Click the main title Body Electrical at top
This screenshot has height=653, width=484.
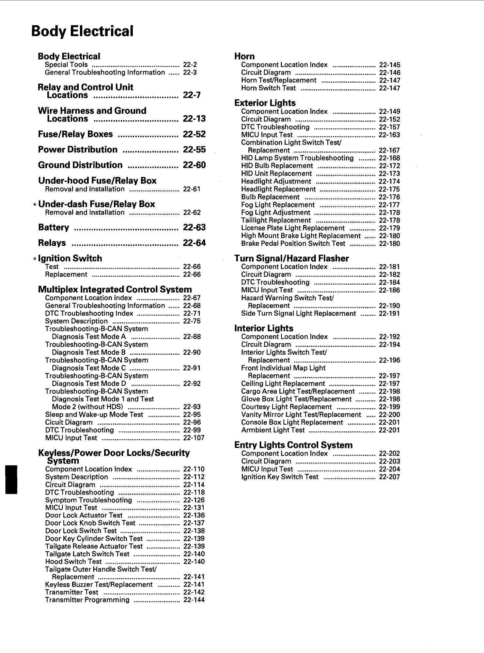pos(82,31)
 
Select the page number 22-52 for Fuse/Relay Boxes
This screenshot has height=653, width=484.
pos(194,134)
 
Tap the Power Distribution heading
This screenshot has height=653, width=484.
pos(78,150)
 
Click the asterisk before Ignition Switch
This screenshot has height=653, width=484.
pos(35,259)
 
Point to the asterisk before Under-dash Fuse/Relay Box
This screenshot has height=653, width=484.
pos(35,204)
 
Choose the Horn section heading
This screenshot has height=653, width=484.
pos(244,56)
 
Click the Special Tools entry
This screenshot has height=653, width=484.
pos(66,65)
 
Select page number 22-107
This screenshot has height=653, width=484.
pos(194,438)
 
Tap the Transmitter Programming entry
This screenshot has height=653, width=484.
pos(87,600)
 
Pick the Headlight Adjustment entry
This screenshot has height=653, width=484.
pos(276,181)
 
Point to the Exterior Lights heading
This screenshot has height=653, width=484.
pos(265,103)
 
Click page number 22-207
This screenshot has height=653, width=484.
pos(389,477)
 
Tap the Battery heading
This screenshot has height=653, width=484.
pos(54,227)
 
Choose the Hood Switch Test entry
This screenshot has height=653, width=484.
pos(73,562)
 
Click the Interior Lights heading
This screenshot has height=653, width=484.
pos(264,328)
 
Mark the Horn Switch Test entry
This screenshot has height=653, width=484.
pos(268,88)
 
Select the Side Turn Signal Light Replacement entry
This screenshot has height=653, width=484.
pos(298,314)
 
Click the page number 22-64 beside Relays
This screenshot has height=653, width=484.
pos(194,243)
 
